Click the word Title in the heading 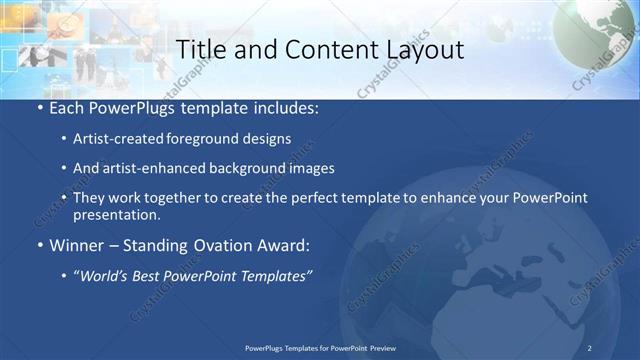pos(200,49)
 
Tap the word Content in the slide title pos(321,49)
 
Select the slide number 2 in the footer pos(590,348)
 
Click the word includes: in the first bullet pos(286,105)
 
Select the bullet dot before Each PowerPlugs pos(38,106)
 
